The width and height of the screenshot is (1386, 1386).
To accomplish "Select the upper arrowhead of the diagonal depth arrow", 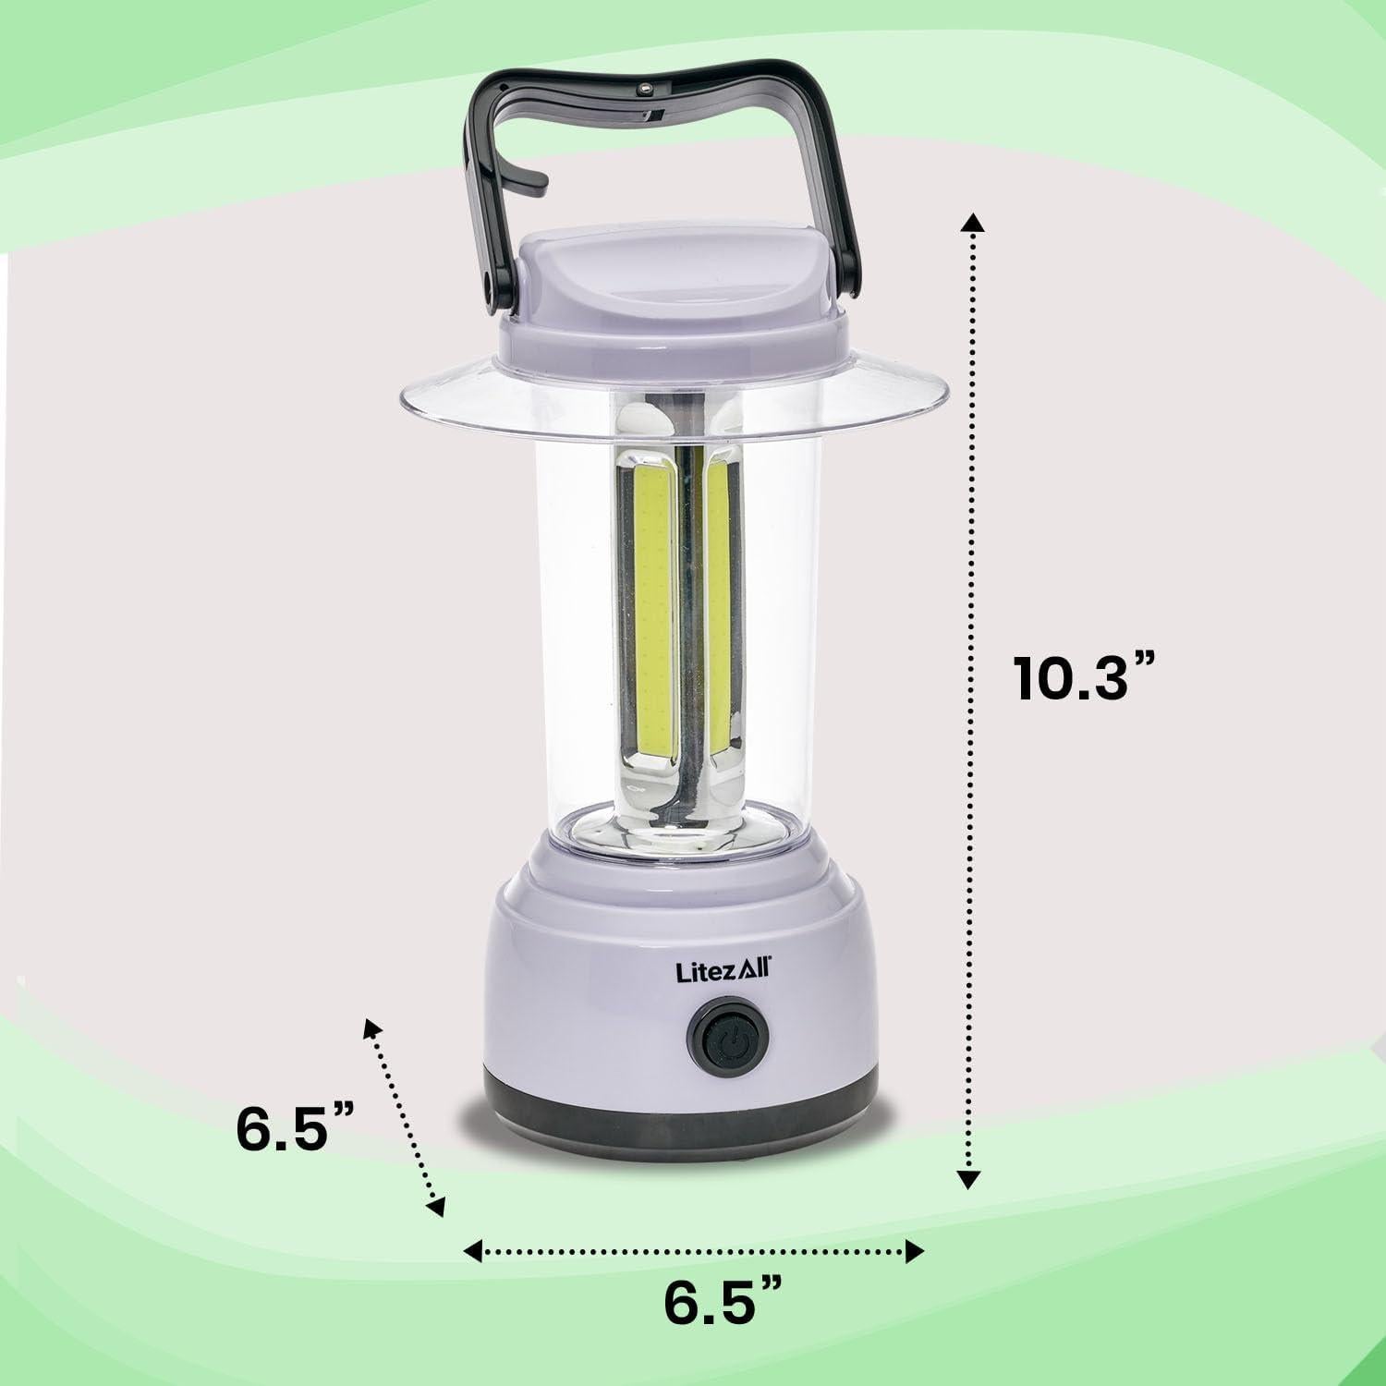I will [x=371, y=1027].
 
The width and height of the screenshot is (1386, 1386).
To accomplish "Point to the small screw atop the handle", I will [x=644, y=90].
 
